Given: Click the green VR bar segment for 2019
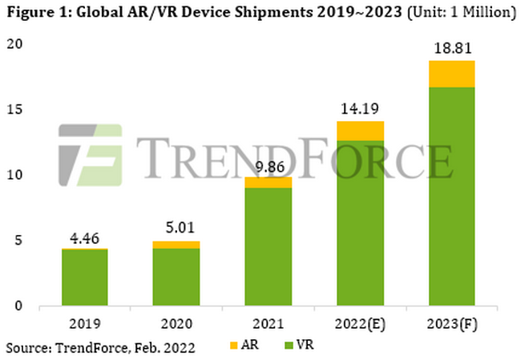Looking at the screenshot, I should [85, 277].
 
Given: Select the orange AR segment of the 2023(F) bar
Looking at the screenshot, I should [450, 74].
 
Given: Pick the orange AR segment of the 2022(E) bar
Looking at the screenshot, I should [359, 131].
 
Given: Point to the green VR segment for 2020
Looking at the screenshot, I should [176, 277].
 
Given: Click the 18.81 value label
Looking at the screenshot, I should [450, 49].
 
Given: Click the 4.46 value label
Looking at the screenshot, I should [85, 238].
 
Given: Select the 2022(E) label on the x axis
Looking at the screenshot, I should [359, 324].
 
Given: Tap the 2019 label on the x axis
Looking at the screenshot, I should [85, 324].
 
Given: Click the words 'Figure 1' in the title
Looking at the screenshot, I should [32, 13].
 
